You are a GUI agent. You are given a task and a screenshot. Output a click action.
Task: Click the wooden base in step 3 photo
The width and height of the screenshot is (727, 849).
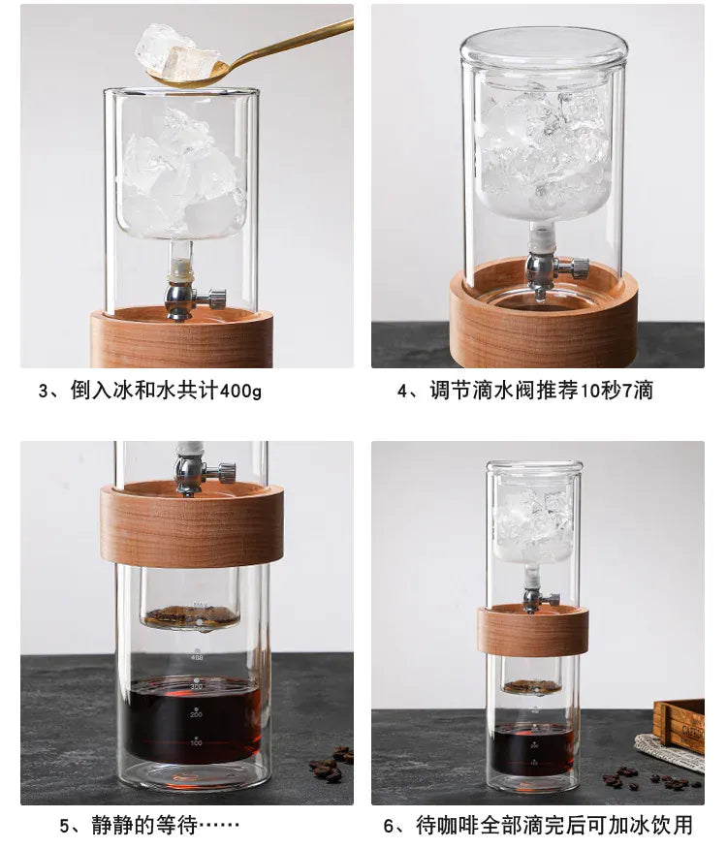[181, 339]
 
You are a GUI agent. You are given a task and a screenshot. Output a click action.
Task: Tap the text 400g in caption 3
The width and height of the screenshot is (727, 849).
[240, 392]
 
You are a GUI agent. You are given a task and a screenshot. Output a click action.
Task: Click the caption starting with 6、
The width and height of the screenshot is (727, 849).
[539, 826]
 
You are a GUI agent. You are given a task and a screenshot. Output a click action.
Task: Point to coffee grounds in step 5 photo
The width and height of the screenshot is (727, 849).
[190, 615]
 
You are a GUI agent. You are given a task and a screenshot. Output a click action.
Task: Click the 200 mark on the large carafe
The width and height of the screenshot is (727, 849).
[196, 714]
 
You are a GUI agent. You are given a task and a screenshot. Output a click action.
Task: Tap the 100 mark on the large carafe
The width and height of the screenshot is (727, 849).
[196, 743]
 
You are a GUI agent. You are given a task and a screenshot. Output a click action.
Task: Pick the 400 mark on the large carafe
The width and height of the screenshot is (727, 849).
[196, 658]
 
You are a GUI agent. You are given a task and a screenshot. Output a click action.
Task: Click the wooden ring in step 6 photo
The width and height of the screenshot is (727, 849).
[532, 630]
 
